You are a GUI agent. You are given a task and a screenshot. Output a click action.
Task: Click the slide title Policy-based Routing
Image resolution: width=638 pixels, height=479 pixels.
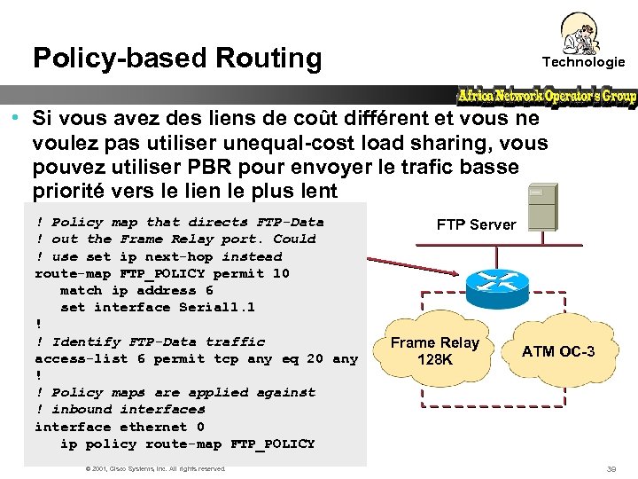point(177,59)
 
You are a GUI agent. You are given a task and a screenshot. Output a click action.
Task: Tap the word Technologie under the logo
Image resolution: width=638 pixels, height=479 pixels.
point(583,62)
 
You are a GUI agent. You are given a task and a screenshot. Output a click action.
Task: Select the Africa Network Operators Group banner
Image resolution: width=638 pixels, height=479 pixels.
point(547,96)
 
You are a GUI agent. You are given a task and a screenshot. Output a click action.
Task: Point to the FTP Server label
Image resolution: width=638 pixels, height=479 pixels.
point(475,224)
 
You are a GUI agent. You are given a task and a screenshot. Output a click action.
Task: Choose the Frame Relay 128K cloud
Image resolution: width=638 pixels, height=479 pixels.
point(435,351)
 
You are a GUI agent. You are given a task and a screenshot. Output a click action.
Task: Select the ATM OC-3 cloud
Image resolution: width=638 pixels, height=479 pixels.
point(558,351)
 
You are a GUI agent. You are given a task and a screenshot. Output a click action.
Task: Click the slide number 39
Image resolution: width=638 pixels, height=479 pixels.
point(611,468)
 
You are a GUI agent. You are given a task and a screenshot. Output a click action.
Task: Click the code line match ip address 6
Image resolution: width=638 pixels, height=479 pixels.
point(136,290)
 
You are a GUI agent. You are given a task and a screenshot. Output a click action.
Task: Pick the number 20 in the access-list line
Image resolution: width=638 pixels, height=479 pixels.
point(315,358)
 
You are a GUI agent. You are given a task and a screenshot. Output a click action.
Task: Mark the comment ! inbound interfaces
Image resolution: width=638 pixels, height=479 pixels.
point(120,409)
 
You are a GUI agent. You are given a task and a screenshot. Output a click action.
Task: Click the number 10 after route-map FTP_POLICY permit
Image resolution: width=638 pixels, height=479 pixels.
point(280,273)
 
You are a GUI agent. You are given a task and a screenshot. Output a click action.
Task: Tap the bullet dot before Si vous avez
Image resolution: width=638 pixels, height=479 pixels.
point(17,118)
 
